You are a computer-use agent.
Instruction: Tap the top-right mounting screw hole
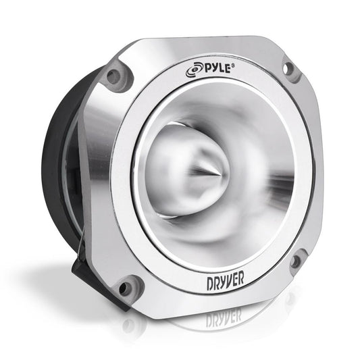point(290,68)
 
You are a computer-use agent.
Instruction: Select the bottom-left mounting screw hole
point(124,288)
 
